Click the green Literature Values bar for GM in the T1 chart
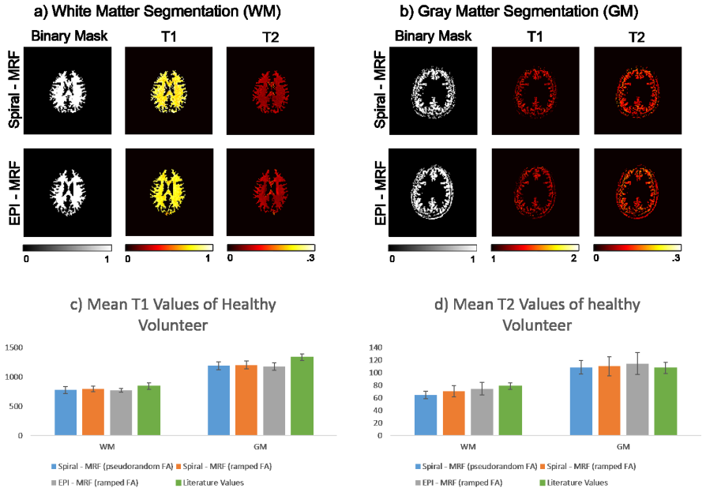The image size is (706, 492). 302,396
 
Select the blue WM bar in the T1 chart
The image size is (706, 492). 66,413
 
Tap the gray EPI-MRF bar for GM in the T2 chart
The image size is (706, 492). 637,400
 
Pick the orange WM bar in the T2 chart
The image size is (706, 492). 454,413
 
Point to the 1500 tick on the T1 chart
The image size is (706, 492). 13,347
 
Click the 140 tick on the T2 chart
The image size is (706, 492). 376,347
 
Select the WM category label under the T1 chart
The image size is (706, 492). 107,446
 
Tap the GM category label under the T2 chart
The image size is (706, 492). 623,446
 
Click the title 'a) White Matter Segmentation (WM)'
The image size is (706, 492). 157,11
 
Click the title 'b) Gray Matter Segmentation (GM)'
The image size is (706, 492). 519,11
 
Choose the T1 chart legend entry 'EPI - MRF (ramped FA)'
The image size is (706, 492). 95,483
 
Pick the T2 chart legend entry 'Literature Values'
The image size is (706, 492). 573,483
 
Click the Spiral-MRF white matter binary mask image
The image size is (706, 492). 68,91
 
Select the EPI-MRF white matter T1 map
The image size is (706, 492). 169,192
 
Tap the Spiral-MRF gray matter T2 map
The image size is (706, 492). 637,91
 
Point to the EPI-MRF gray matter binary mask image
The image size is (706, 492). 433,192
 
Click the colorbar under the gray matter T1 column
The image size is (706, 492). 535,247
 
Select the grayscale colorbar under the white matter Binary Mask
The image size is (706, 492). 68,247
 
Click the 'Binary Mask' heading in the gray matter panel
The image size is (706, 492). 433,36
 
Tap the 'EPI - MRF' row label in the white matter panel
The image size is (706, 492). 14,192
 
